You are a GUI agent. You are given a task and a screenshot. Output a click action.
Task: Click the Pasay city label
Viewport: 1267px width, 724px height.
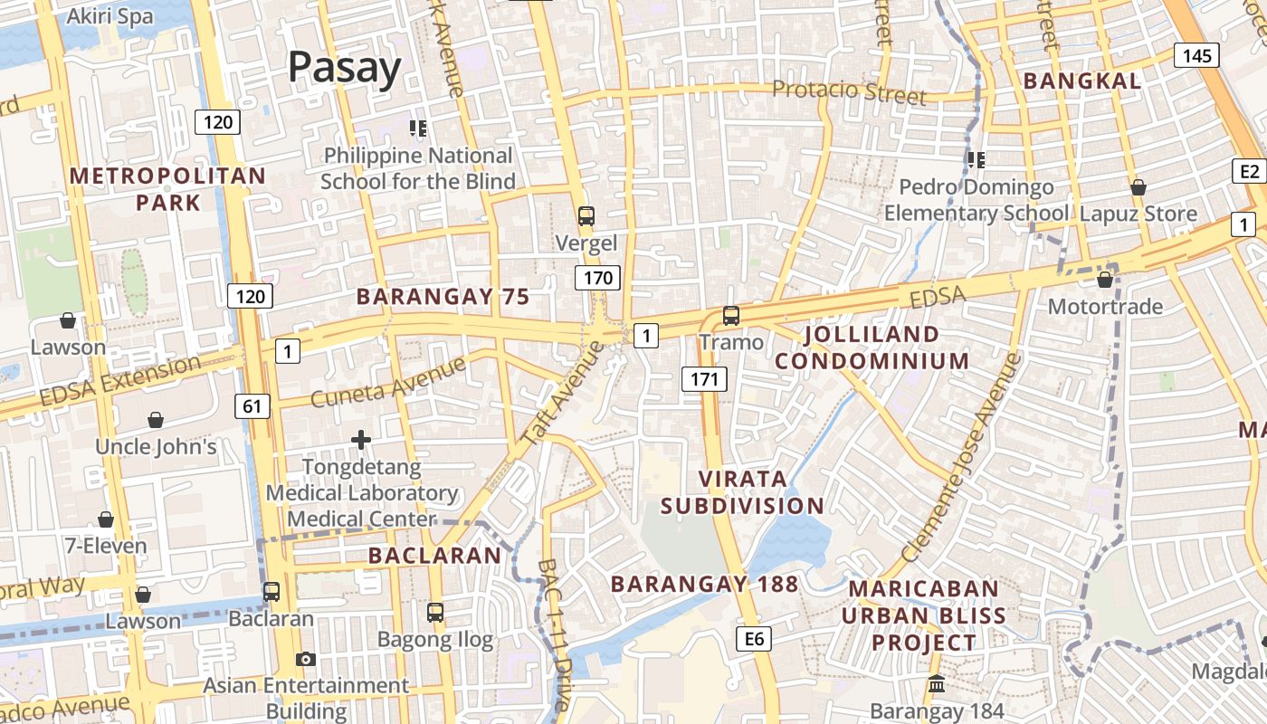click(344, 68)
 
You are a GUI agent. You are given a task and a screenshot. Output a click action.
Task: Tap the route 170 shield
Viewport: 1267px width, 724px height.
click(597, 278)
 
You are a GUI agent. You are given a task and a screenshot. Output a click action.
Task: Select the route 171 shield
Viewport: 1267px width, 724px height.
click(704, 379)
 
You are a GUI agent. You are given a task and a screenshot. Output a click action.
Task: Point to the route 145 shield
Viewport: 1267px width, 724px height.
click(1196, 56)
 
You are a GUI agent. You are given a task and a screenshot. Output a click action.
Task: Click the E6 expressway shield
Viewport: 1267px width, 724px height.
click(755, 640)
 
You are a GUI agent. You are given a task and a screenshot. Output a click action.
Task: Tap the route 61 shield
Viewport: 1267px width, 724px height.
click(252, 406)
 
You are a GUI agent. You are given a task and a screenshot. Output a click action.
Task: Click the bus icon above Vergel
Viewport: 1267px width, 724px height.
click(586, 216)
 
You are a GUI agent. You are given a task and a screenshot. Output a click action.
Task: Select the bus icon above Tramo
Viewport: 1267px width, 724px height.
click(731, 316)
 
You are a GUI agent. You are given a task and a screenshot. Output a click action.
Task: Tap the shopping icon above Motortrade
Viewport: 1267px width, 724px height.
click(1104, 280)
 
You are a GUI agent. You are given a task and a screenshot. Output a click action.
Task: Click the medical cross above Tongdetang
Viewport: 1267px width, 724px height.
click(361, 441)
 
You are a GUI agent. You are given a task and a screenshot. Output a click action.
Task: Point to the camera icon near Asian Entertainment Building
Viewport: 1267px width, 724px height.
click(306, 659)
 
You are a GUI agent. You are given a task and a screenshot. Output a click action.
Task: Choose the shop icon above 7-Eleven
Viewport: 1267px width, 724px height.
click(106, 519)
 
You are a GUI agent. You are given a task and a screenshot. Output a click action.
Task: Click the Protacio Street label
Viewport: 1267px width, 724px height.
click(849, 91)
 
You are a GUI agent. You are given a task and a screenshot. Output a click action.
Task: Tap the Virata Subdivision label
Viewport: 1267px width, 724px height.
click(742, 492)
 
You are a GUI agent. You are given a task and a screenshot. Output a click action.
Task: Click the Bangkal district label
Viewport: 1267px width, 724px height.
click(1081, 81)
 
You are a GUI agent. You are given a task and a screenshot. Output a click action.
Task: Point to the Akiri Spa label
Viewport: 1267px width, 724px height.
click(110, 17)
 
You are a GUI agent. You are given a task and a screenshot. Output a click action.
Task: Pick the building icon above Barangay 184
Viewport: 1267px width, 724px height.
click(937, 684)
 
